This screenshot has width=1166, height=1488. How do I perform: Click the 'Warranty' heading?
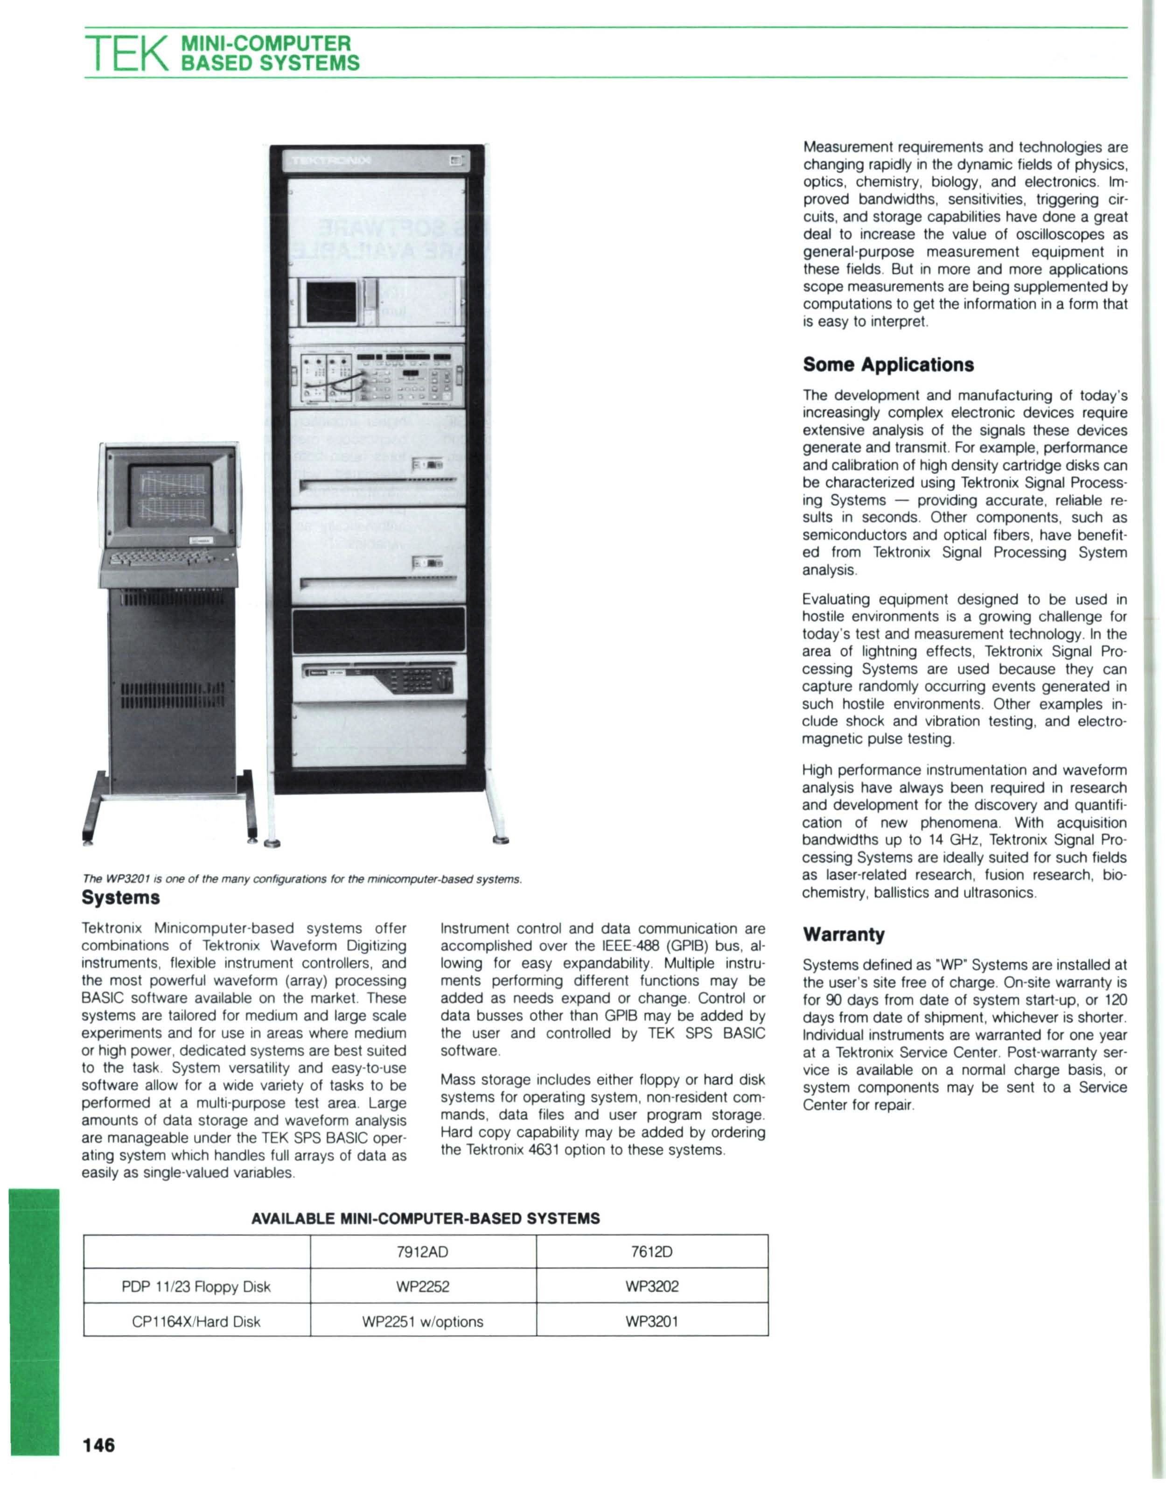844,934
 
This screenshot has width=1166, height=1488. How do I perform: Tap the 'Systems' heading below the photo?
120,897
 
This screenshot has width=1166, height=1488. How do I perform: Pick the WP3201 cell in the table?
652,1321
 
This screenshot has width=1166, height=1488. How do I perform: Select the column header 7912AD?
423,1252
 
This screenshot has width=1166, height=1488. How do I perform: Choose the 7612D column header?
652,1252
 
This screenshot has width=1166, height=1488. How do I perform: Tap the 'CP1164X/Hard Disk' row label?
196,1321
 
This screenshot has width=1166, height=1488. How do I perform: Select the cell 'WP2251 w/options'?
423,1321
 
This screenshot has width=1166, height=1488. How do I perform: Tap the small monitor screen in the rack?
330,301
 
